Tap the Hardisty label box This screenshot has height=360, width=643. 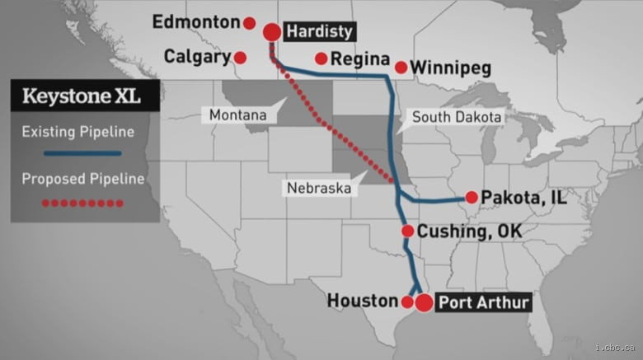tap(319, 32)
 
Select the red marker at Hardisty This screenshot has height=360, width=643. tap(271, 32)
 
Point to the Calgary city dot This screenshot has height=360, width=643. tap(240, 58)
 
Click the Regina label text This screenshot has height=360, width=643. tap(360, 59)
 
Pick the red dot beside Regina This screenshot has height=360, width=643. tap(321, 58)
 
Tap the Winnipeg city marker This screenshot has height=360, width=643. tap(401, 67)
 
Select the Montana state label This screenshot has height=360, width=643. tap(238, 115)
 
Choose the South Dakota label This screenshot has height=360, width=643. tap(456, 117)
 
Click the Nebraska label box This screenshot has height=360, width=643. tap(319, 188)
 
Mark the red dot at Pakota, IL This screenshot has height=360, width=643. tap(471, 197)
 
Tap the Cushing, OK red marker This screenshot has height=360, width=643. tap(407, 231)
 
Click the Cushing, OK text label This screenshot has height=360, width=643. tap(470, 231)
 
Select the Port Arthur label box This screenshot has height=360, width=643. tap(482, 302)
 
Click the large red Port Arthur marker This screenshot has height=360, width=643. tap(424, 302)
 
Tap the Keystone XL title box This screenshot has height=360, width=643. tap(81, 96)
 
